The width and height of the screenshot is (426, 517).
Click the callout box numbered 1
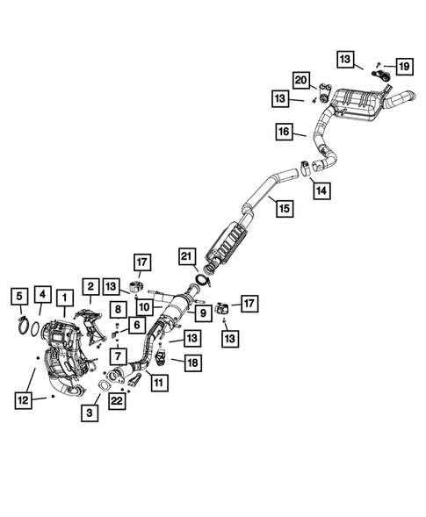(64, 298)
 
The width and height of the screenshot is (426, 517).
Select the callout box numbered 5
(20, 297)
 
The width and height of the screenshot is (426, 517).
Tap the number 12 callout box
(24, 400)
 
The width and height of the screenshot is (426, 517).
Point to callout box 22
(117, 401)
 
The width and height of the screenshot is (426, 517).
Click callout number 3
(90, 413)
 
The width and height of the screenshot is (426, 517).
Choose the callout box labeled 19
(404, 67)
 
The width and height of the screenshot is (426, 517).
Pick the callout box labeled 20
(301, 80)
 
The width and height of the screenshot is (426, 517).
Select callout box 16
(284, 132)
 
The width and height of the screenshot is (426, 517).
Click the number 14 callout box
(321, 190)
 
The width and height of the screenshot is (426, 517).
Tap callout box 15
(285, 208)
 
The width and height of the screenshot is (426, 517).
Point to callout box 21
(187, 256)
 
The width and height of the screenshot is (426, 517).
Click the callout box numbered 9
(203, 312)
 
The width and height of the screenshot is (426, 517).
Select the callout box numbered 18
(192, 363)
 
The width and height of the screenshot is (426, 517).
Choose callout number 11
(159, 383)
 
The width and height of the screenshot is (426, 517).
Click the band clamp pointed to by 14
(305, 169)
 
